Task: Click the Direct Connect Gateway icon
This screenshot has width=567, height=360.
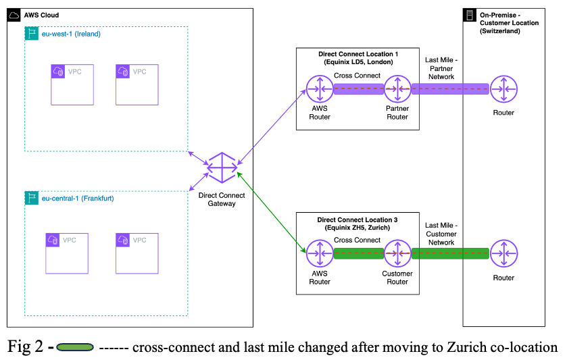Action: pyautogui.click(x=222, y=168)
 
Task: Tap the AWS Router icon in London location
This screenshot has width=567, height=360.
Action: pyautogui.click(x=320, y=88)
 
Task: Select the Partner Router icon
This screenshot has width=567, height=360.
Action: pyautogui.click(x=397, y=88)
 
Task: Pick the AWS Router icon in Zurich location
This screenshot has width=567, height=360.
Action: pyautogui.click(x=320, y=253)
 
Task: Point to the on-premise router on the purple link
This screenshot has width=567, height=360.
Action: pyautogui.click(x=504, y=88)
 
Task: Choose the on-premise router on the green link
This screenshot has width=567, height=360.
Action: pyautogui.click(x=504, y=253)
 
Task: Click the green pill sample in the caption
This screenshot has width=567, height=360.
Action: pyautogui.click(x=74, y=347)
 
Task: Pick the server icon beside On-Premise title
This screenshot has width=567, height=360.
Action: pyautogui.click(x=468, y=15)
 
